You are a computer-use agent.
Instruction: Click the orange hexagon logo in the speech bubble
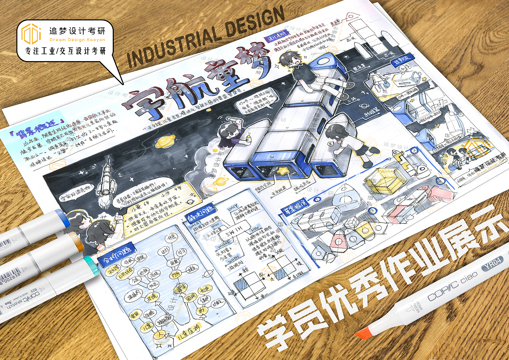[31, 34]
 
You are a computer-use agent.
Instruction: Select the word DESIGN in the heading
[255, 23]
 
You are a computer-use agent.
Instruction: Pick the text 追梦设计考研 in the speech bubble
[77, 31]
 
